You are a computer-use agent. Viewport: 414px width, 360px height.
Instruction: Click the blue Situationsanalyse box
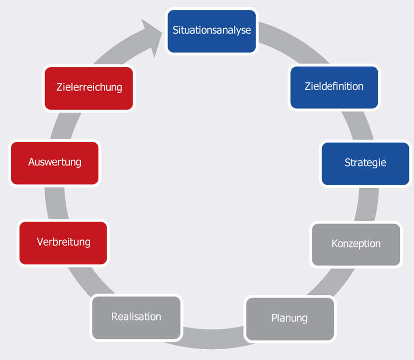pos(212,31)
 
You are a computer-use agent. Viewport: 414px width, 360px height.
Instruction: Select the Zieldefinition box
pos(334,87)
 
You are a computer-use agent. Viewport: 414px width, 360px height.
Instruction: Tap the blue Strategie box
pos(365,163)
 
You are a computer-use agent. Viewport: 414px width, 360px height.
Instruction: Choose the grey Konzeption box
pos(356,244)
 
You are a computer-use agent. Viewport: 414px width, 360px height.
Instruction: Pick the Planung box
pos(289,319)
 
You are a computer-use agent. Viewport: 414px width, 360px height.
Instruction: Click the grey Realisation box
pos(136,317)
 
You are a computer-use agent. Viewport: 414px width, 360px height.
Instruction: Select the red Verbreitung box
pos(63,242)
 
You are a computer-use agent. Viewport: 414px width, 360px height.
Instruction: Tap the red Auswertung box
pos(55,163)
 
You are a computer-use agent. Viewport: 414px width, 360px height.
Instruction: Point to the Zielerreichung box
pos(89,88)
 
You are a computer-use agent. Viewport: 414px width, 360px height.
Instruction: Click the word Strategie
pos(365,163)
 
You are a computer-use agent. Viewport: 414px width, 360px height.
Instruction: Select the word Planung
pos(289,318)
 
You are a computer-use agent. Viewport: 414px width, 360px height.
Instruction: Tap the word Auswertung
pos(55,162)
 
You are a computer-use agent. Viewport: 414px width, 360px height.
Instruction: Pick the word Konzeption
pos(356,244)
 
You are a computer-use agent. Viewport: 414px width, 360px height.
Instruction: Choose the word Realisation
pos(136,317)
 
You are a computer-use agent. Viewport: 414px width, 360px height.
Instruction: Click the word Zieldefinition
pos(334,86)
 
